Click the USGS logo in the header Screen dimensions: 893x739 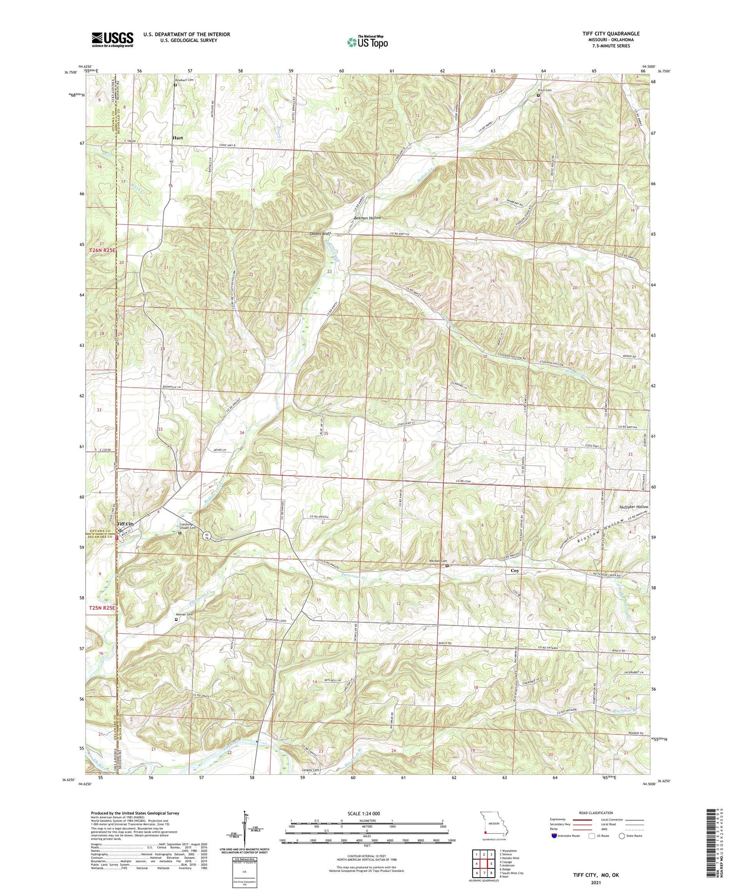pyautogui.click(x=113, y=39)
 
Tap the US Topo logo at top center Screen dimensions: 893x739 pyautogui.click(x=367, y=42)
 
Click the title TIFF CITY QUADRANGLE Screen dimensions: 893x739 pyautogui.click(x=611, y=34)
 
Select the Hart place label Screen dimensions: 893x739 pyautogui.click(x=177, y=138)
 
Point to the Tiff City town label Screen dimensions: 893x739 pyautogui.click(x=125, y=524)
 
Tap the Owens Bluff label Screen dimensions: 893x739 pyautogui.click(x=320, y=234)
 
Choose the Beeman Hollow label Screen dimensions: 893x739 pyautogui.click(x=368, y=218)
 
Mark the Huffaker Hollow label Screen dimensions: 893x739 pyautogui.click(x=634, y=507)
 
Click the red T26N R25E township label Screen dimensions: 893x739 pyautogui.click(x=103, y=251)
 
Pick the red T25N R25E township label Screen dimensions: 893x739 pyautogui.click(x=103, y=608)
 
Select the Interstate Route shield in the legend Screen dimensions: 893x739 pyautogui.click(x=555, y=836)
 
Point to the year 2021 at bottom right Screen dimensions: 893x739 pyautogui.click(x=596, y=883)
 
